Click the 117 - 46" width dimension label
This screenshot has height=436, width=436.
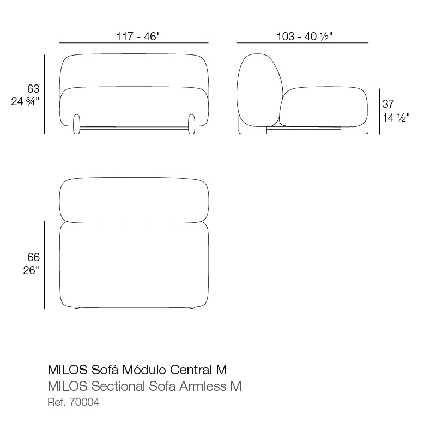pos(138,37)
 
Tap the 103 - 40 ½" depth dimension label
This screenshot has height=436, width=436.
pos(304,37)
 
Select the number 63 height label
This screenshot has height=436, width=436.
pos(33,89)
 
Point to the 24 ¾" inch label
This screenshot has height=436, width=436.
pos(25,101)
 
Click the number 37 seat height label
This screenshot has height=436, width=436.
pos(388,104)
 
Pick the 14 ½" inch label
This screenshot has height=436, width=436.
pos(396,118)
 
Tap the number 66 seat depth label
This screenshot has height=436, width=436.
pos(33,257)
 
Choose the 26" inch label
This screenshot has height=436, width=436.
pos(31,270)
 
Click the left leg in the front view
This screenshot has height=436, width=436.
pos(76,124)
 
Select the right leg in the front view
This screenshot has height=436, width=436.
pos(192,124)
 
